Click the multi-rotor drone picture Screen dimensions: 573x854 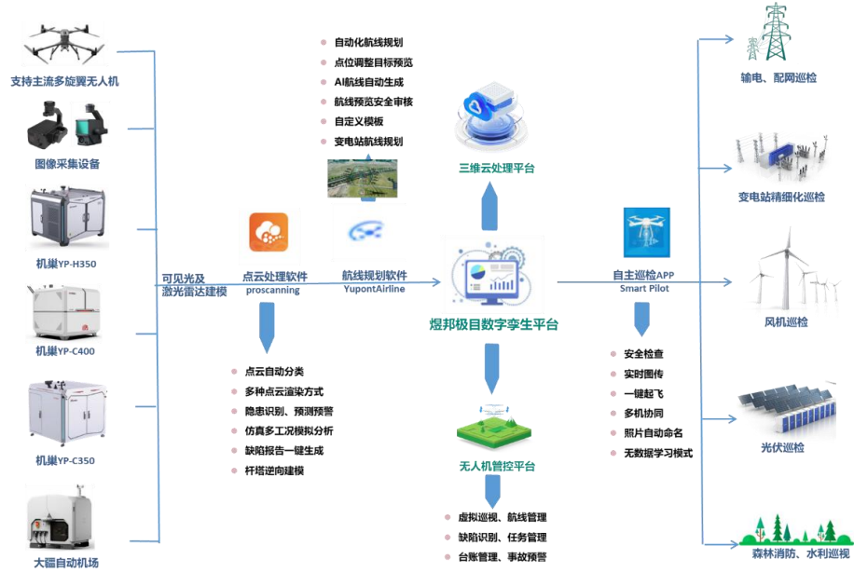coord(64,43)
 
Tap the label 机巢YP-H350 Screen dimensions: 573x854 coord(65,264)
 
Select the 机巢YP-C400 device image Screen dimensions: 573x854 coord(64,312)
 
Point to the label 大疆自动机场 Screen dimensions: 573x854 coord(65,563)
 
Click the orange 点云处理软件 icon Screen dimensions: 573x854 coord(269,232)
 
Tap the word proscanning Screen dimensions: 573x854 coord(273,290)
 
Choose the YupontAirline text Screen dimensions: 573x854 coord(374,290)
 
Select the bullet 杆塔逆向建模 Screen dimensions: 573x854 coord(274,471)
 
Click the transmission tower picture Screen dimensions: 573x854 coord(776,33)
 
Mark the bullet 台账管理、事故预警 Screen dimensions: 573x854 coord(503,556)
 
